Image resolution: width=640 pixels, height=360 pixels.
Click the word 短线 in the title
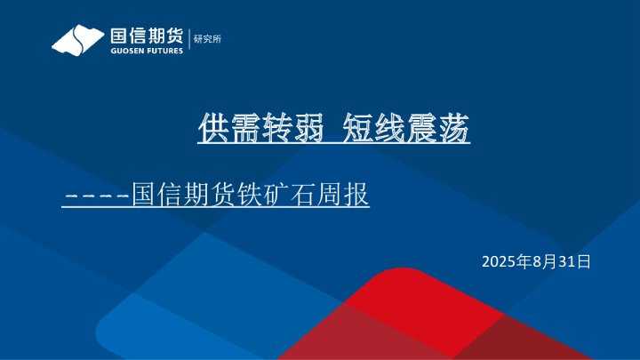[x=372, y=130]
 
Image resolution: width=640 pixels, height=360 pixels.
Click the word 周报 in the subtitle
[x=339, y=194]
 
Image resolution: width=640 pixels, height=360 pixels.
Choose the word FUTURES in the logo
[x=164, y=51]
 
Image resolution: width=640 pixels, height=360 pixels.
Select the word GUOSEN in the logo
[x=126, y=51]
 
